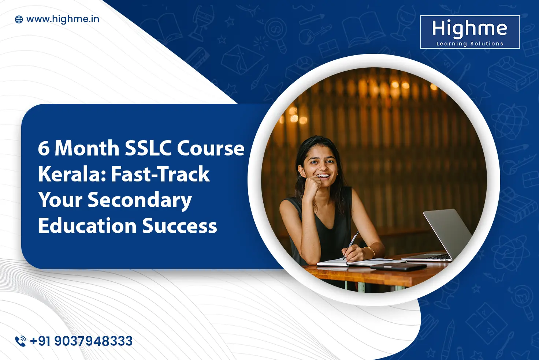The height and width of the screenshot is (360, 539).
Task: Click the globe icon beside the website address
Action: point(19,19)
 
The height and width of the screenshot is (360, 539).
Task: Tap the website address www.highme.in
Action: point(63,19)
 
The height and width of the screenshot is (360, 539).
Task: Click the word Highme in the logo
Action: point(469,29)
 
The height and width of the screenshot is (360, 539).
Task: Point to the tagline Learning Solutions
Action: point(469,44)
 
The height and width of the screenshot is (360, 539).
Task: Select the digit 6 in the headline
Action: point(43,149)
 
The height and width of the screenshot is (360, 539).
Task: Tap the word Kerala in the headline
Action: point(72,174)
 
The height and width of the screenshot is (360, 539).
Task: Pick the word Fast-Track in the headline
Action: point(160,174)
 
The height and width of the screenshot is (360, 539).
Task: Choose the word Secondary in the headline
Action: point(140,200)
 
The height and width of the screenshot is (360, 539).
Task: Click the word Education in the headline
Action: point(87,226)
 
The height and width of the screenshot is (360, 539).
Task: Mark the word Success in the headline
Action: point(179,226)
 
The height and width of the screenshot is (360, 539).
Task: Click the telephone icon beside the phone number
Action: point(21,341)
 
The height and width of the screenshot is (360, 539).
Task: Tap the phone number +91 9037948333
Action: point(81,341)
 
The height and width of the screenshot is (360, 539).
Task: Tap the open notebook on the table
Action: point(352,262)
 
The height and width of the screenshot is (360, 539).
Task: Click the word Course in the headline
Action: point(211,149)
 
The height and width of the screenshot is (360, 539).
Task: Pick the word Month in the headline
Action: point(87,149)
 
